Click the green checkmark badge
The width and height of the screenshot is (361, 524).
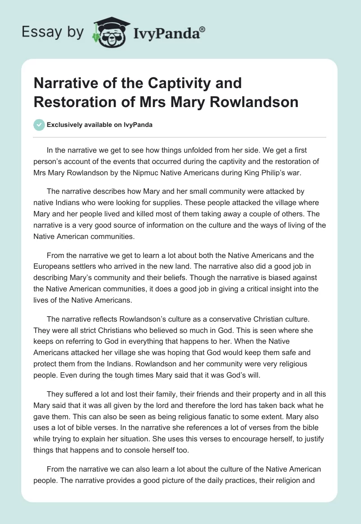tap(39, 125)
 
